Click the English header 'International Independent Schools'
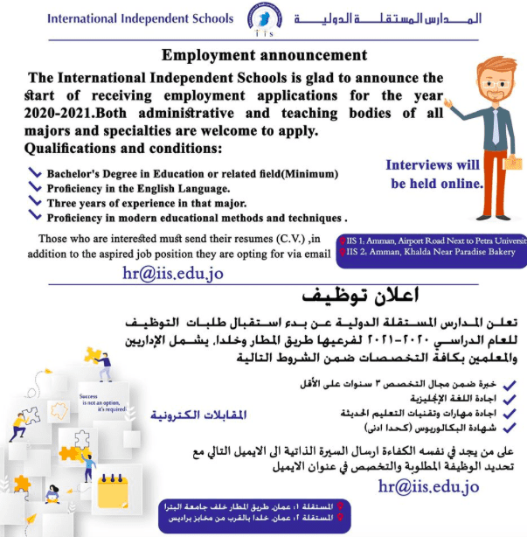140,18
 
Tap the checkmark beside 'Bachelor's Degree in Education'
35,172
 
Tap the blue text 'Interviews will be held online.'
435,174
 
